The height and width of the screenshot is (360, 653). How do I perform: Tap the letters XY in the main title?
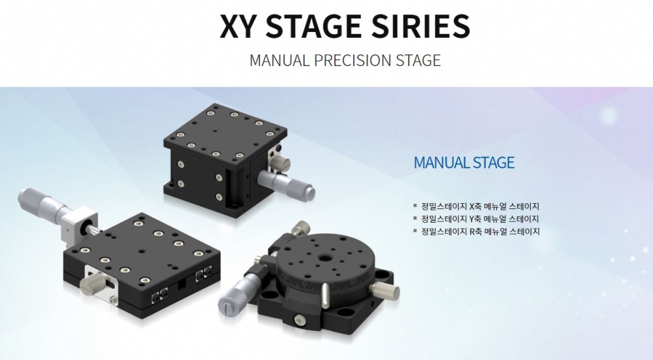pos(240,26)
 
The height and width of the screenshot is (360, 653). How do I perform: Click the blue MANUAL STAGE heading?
pos(464,162)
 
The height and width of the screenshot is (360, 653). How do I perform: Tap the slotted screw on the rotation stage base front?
pos(299,319)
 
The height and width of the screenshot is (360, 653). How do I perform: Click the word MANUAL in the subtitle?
pos(279,60)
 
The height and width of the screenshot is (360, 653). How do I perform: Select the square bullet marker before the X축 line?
pos(415,205)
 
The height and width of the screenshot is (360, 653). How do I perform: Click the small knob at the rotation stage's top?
pos(300,228)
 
